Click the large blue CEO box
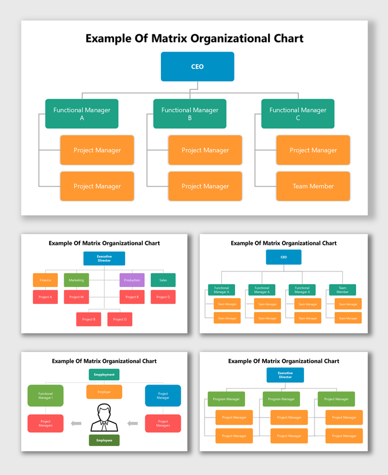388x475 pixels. [197, 67]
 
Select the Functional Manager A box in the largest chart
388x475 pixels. [82, 114]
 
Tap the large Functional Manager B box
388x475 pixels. [190, 114]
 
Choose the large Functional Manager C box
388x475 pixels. [298, 114]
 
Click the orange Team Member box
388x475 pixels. [313, 186]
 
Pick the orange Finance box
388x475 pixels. [45, 280]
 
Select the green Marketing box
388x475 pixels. [76, 280]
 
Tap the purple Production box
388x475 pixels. [132, 280]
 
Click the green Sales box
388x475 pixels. [163, 280]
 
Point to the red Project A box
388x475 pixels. [45, 297]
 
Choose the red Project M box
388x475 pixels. [76, 297]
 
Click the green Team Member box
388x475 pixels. [342, 290]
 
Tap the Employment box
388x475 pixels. [104, 375]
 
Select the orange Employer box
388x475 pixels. [104, 392]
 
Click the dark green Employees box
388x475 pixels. [104, 440]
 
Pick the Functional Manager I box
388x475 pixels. [45, 396]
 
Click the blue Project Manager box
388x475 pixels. [163, 396]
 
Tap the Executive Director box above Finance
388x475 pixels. [104, 259]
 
